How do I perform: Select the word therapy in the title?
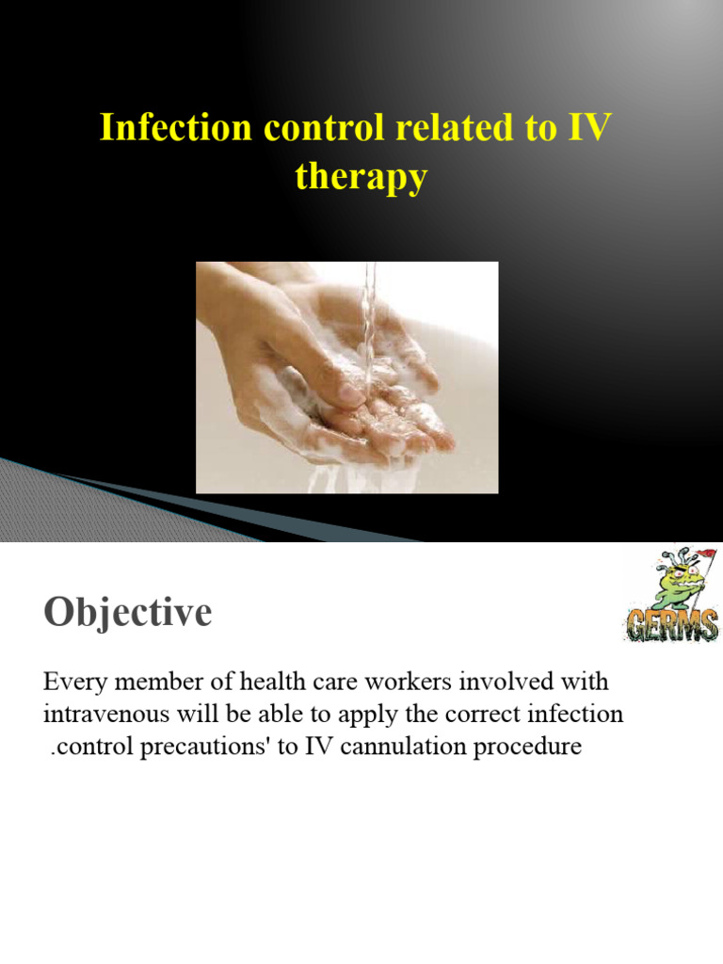(361, 176)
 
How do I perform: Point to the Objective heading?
(127, 614)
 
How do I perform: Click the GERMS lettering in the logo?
(671, 624)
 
